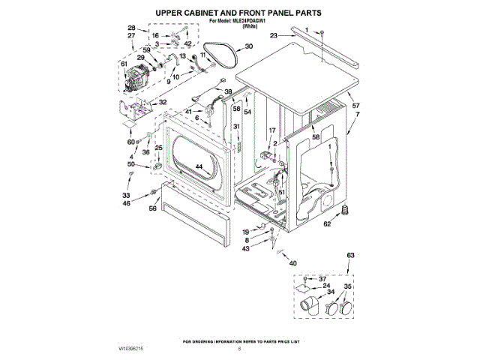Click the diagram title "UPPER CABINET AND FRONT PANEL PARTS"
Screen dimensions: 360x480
[238, 13]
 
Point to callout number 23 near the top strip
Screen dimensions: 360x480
[274, 35]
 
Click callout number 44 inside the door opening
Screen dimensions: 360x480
[199, 166]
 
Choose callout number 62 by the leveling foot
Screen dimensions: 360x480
[326, 223]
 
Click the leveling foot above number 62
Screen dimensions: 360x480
[346, 208]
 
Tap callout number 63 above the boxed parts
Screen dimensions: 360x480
[349, 256]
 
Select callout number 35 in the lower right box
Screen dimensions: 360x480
[346, 286]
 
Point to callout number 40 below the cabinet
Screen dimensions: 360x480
[293, 263]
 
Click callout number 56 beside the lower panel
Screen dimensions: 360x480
[152, 210]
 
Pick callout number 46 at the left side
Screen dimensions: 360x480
[127, 203]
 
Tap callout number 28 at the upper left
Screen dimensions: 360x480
[131, 28]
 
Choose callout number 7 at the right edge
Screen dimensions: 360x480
[357, 114]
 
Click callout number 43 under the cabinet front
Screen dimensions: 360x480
[245, 248]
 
